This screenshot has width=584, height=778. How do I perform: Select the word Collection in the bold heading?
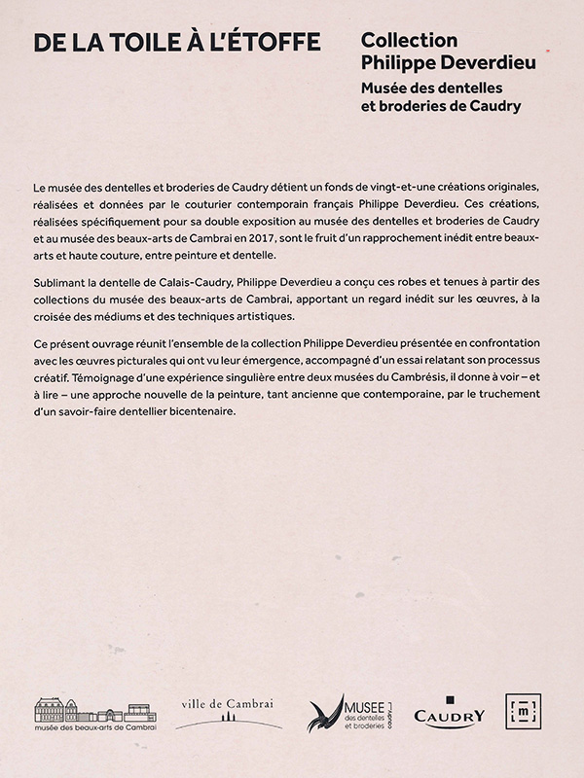[x=409, y=41]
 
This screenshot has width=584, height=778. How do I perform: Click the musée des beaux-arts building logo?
[x=95, y=714]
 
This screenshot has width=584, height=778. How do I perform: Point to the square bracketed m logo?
[x=523, y=711]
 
